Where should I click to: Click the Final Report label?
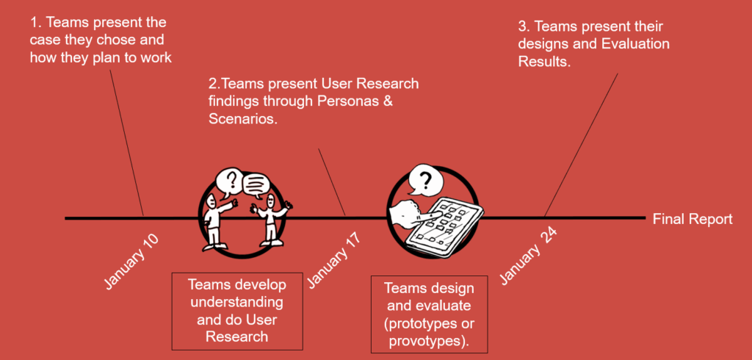click(x=692, y=219)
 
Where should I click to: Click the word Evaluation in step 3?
click(x=635, y=44)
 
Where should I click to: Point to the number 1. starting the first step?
click(x=37, y=22)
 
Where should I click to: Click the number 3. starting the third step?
click(x=524, y=26)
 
